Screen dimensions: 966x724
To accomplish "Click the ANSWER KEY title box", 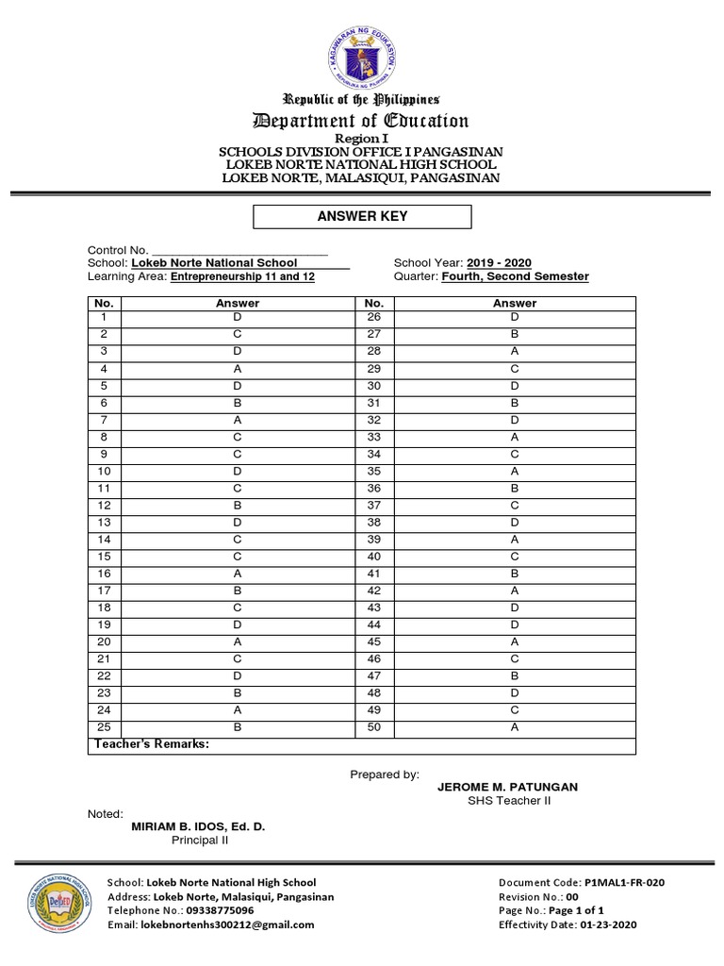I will point(363,216).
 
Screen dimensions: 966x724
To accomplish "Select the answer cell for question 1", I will point(238,318).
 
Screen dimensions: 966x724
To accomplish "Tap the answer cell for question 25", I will point(238,727).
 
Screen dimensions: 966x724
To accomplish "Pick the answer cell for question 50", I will point(515,727).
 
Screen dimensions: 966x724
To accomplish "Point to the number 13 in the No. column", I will point(105,523).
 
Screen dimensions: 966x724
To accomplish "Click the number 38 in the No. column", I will point(373,523).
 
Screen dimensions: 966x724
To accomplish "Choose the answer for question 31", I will point(515,403).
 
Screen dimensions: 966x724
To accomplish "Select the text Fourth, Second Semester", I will point(516,276).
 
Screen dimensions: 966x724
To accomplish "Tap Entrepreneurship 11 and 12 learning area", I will point(242,276).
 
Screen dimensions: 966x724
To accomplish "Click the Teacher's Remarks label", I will point(150,744).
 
